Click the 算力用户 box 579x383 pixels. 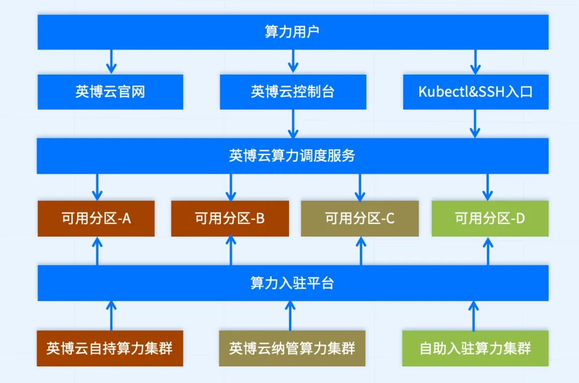point(293,32)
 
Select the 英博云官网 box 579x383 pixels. point(110,92)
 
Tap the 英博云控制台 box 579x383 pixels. point(293,92)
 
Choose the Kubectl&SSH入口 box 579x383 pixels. point(475,92)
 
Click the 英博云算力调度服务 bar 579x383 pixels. point(293,156)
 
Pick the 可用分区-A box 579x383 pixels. point(96,218)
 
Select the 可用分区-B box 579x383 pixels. point(230,218)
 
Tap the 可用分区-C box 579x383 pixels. point(360,218)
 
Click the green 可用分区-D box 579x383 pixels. point(490,218)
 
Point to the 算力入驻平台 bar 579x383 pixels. point(293,283)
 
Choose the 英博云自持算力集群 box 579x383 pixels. point(110,349)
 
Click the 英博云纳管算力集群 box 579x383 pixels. point(292,349)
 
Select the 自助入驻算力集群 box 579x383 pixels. point(476,349)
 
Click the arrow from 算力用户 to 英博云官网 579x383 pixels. point(111,61)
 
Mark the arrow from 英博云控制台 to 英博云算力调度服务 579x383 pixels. point(293,124)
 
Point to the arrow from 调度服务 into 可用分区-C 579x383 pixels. point(360,187)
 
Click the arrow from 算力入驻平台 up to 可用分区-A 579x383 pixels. point(97,251)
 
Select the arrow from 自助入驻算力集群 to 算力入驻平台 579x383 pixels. point(473,315)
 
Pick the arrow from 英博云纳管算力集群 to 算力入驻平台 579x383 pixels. point(290,315)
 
